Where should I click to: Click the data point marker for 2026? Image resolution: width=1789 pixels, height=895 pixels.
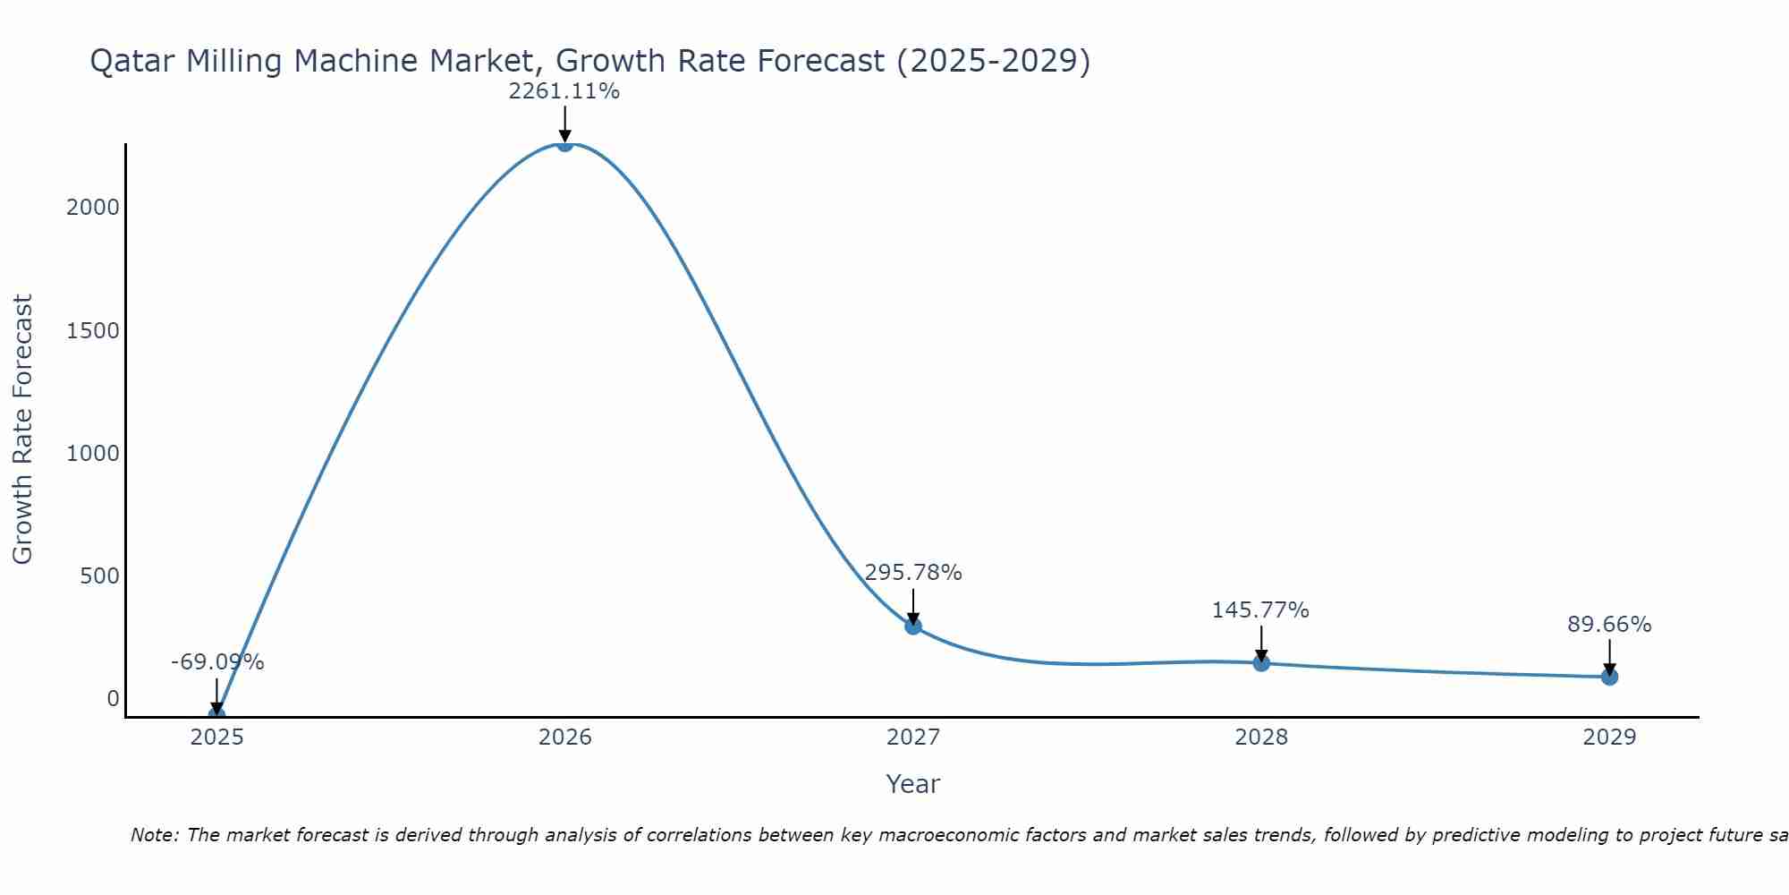pyautogui.click(x=564, y=143)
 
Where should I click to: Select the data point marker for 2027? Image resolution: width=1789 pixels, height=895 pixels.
pyautogui.click(x=913, y=626)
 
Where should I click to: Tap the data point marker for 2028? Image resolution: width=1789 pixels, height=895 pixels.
pyautogui.click(x=1261, y=663)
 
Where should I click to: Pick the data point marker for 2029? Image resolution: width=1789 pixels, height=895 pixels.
pyautogui.click(x=1609, y=677)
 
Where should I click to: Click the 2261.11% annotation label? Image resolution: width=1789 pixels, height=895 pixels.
pyautogui.click(x=564, y=91)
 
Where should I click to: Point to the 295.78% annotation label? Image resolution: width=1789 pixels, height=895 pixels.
pyautogui.click(x=913, y=573)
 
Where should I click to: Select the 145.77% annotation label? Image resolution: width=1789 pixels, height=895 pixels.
pyautogui.click(x=1260, y=610)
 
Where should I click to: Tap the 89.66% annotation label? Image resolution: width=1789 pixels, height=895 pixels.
pyautogui.click(x=1609, y=625)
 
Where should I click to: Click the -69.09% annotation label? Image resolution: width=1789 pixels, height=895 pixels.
pyautogui.click(x=217, y=662)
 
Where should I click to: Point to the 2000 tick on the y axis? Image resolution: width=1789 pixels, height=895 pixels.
pyautogui.click(x=92, y=208)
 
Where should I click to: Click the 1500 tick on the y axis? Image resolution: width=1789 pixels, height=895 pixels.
pyautogui.click(x=92, y=331)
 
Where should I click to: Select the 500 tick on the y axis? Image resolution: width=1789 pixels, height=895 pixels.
pyautogui.click(x=99, y=576)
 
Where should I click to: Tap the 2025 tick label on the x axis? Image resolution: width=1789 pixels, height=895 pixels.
pyautogui.click(x=216, y=737)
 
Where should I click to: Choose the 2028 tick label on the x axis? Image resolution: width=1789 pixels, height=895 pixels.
pyautogui.click(x=1261, y=737)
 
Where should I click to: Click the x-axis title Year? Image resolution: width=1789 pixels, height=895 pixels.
pyautogui.click(x=912, y=785)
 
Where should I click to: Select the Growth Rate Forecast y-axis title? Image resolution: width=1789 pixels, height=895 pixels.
pyautogui.click(x=22, y=430)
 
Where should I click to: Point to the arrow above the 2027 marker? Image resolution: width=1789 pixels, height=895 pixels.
pyautogui.click(x=913, y=606)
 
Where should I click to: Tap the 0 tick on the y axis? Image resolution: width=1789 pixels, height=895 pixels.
pyautogui.click(x=113, y=699)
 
